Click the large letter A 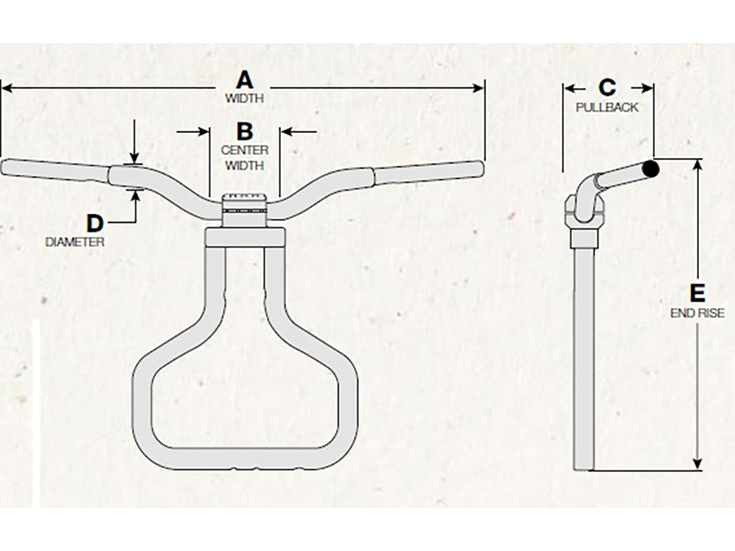(245, 80)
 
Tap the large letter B (245, 132)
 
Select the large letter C (607, 87)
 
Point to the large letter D (95, 223)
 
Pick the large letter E (698, 295)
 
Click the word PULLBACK (607, 107)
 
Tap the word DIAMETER (74, 242)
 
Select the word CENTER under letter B (245, 150)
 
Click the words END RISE (698, 313)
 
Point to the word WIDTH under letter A (245, 98)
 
